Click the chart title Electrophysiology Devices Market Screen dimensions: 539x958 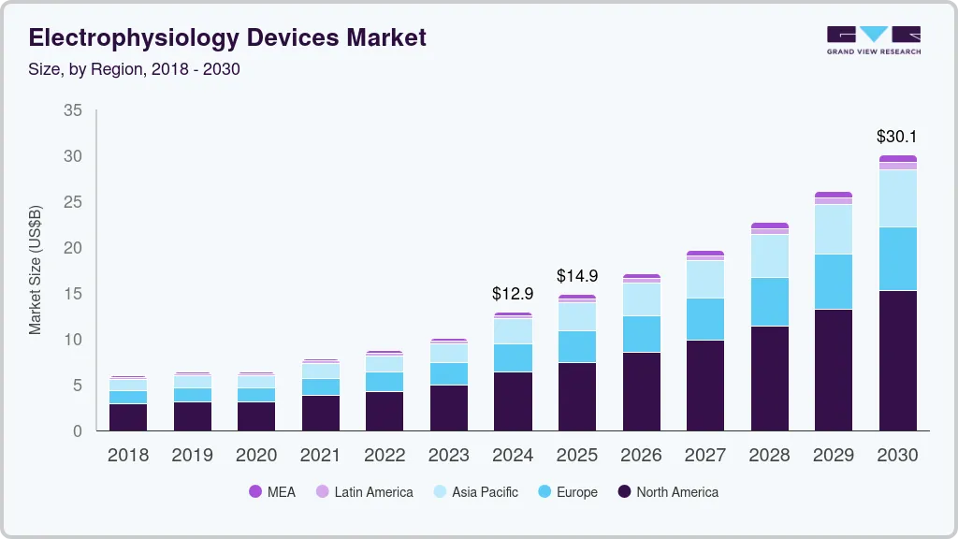[x=227, y=37]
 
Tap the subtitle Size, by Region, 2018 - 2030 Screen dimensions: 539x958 [x=135, y=69]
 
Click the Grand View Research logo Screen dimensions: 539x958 [x=873, y=39]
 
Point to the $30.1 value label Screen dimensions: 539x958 [x=896, y=137]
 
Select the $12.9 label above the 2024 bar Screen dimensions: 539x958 [x=513, y=294]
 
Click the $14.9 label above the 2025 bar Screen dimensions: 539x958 [x=576, y=276]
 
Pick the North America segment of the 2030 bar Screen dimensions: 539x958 [x=897, y=360]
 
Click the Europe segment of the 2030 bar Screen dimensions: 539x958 [x=897, y=258]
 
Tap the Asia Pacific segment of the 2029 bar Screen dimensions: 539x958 [x=833, y=229]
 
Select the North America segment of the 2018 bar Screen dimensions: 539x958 [x=128, y=416]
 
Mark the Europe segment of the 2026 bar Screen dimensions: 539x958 [x=641, y=334]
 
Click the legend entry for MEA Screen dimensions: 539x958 [x=271, y=492]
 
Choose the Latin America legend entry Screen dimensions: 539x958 [x=364, y=492]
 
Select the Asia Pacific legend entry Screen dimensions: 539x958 [x=474, y=492]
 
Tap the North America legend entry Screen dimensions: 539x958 [x=668, y=492]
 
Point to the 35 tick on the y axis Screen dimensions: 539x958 [x=72, y=110]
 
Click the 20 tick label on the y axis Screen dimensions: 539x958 [x=72, y=248]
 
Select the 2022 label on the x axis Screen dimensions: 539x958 [x=385, y=455]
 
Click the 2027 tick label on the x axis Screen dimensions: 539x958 [x=704, y=455]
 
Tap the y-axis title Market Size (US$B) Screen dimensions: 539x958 [x=36, y=270]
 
